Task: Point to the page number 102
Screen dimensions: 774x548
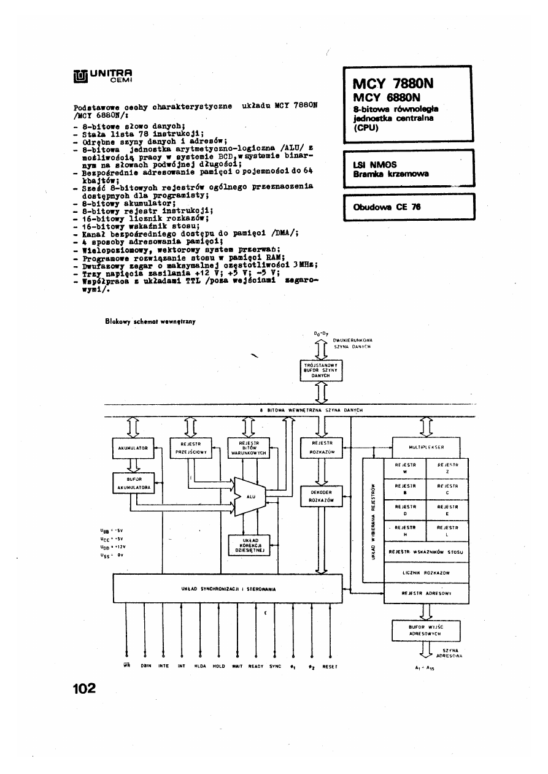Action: tap(84, 688)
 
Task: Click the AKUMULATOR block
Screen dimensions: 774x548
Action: tap(132, 448)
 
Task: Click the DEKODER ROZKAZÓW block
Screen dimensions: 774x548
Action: tap(322, 496)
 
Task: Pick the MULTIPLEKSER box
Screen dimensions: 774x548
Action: tap(426, 448)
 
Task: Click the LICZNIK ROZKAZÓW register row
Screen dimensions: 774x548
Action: tap(426, 573)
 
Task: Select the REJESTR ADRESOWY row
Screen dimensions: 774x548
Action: tap(426, 593)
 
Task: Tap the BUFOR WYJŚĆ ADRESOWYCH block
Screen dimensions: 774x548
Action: tap(425, 630)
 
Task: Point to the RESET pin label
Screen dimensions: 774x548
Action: tap(330, 665)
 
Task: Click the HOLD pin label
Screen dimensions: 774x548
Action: tap(218, 665)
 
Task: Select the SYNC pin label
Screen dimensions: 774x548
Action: tap(275, 665)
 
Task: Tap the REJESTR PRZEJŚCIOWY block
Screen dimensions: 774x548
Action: tap(189, 448)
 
